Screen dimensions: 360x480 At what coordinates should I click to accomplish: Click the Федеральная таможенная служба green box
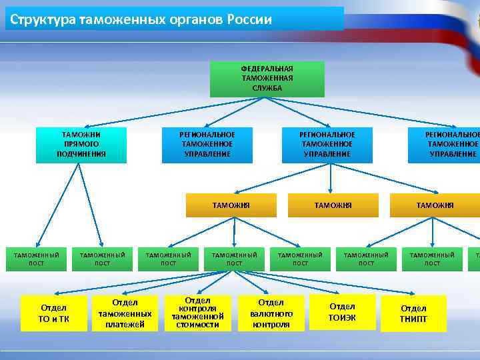267,79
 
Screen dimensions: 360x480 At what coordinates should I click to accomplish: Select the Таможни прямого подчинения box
81,145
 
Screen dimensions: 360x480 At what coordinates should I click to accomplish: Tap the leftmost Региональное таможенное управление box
207,145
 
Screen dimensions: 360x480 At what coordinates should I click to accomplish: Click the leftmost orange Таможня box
231,205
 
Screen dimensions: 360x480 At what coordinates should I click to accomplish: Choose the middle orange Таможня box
333,205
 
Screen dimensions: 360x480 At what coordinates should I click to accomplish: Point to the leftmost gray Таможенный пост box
37,259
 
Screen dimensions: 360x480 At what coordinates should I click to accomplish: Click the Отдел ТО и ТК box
54,313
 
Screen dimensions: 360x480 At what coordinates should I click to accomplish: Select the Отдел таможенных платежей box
125,313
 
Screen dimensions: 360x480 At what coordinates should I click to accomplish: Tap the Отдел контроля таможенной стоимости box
197,313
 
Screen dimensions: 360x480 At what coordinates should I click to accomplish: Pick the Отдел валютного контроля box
271,313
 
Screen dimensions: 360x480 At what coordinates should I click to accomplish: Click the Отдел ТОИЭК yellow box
342,312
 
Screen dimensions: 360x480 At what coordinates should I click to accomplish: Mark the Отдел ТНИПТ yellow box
413,313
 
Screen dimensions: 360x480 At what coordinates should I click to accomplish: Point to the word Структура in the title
43,19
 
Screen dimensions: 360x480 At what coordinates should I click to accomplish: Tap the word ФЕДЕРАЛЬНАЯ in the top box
267,69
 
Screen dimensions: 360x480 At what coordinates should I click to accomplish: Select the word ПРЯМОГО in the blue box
81,144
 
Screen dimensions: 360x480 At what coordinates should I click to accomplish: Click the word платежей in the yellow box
125,325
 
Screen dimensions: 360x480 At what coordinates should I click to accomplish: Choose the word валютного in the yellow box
271,313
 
